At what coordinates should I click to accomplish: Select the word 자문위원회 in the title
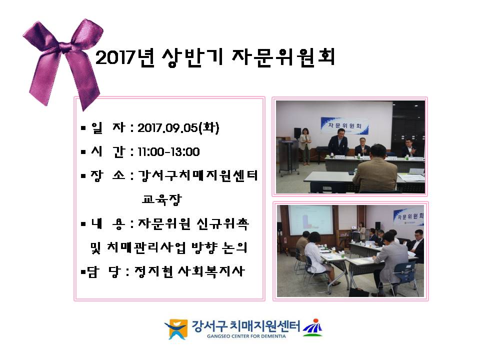coord(283,57)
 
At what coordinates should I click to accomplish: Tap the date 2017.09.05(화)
coord(178,128)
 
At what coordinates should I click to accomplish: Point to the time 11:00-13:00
coord(168,152)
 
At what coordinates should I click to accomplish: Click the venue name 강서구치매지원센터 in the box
coord(198,175)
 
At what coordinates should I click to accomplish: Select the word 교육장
coord(162,199)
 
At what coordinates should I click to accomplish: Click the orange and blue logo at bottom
coord(176,329)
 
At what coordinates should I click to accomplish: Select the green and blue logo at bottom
coord(312,327)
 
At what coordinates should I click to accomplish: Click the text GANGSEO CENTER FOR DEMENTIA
coord(246,336)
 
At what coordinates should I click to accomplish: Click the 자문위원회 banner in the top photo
coord(344,125)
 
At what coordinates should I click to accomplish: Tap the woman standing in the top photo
coord(305,145)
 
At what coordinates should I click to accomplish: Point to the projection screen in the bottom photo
coord(310,220)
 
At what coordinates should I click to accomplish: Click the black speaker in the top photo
coord(297,133)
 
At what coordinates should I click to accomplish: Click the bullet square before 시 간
coord(83,152)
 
